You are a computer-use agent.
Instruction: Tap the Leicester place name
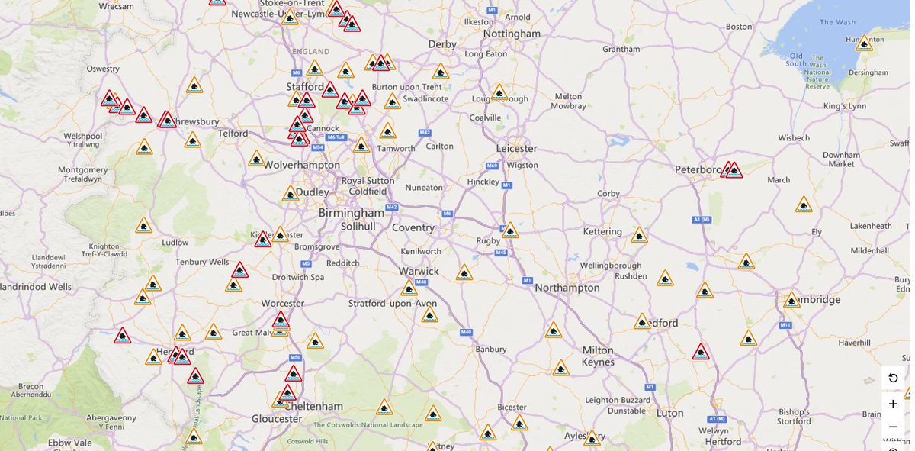tap(516, 147)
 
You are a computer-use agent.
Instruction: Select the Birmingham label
tap(352, 213)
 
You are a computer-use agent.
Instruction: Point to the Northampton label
tap(567, 288)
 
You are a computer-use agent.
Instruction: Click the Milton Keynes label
tap(598, 356)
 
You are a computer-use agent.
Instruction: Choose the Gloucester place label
tap(277, 418)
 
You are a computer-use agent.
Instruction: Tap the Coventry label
tap(413, 227)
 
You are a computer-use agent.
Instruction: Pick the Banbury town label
tap(490, 349)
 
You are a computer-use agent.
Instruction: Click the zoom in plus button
tap(893, 404)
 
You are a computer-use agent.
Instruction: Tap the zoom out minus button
tap(893, 427)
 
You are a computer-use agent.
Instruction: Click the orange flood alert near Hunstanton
tap(864, 44)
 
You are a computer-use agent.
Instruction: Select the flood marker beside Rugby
tap(510, 230)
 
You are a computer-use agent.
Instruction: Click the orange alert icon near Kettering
tap(639, 235)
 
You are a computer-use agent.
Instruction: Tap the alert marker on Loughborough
tap(499, 92)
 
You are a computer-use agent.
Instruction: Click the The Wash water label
tap(837, 22)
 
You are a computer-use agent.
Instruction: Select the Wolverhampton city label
tap(302, 165)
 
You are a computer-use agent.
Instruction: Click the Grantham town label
tap(621, 49)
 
